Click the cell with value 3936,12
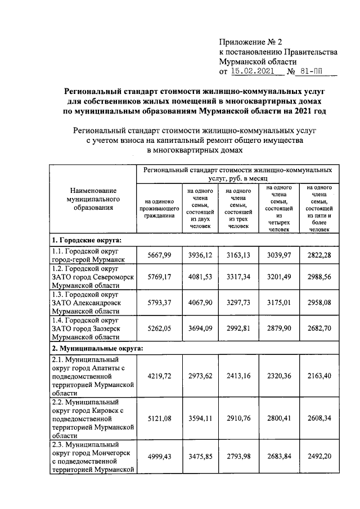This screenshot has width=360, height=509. [199, 255]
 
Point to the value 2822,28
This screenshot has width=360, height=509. [318, 255]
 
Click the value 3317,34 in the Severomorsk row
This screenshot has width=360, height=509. [238, 278]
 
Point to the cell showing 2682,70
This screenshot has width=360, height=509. [318, 328]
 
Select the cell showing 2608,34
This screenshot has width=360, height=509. [318, 419]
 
